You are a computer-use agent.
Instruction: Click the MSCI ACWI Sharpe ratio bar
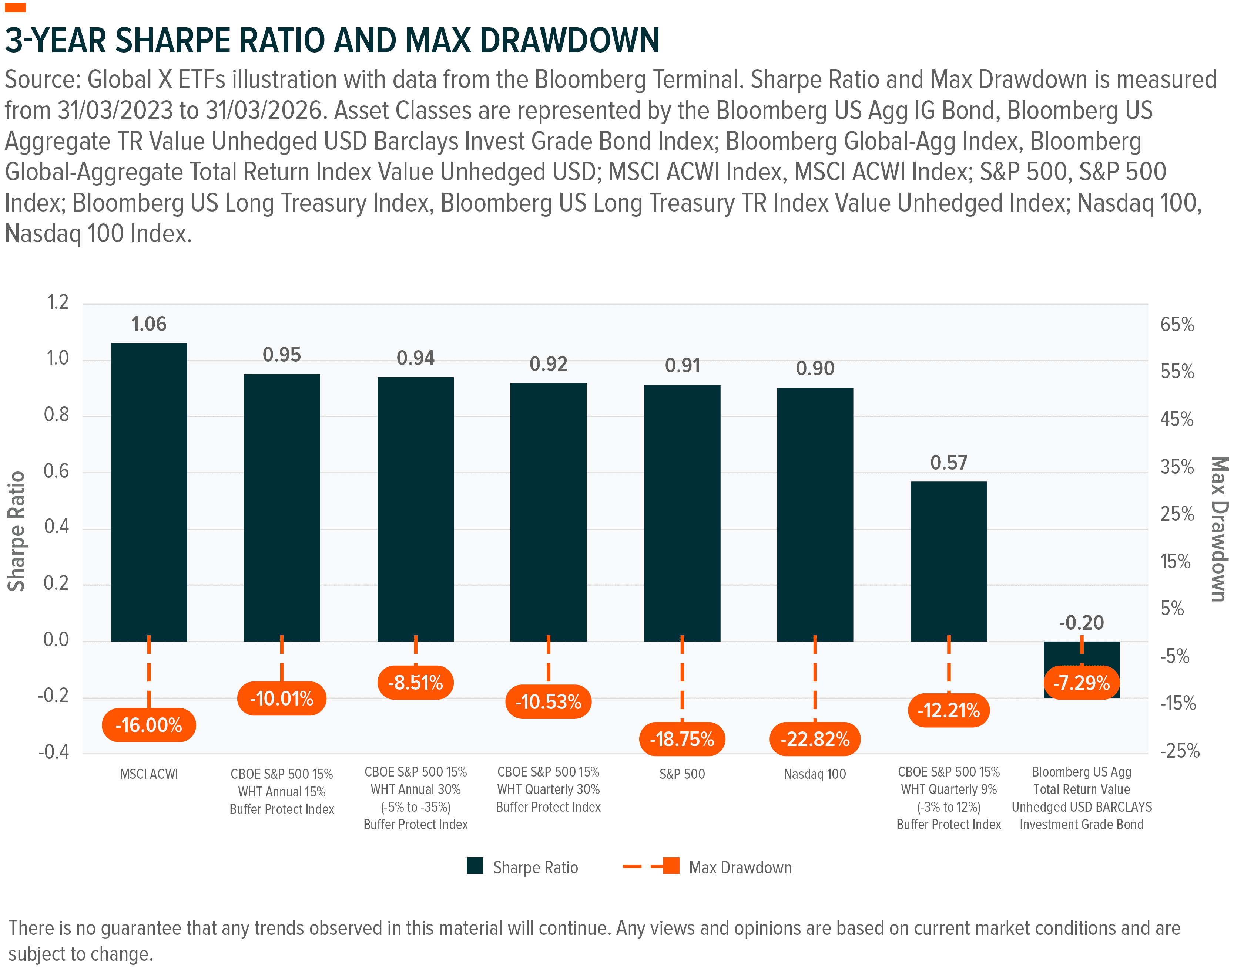[x=149, y=489]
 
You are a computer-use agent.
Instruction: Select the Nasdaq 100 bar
[x=815, y=512]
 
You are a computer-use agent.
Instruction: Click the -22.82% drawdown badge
[x=815, y=739]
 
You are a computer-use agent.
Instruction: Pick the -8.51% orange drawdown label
[x=415, y=682]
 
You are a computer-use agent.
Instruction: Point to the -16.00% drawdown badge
[x=149, y=725]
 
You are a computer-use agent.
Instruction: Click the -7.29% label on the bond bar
[x=1081, y=682]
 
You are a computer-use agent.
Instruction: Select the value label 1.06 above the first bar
[x=149, y=324]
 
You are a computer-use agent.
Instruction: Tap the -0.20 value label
[x=1081, y=623]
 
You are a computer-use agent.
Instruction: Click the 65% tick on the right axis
[x=1177, y=325]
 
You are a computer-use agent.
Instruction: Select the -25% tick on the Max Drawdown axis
[x=1179, y=751]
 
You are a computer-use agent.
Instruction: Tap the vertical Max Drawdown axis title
[x=1218, y=529]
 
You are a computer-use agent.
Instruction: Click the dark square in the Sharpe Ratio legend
[x=475, y=866]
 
